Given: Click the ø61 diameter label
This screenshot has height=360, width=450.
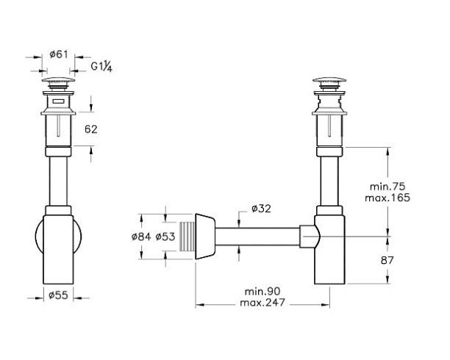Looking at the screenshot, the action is point(59,54).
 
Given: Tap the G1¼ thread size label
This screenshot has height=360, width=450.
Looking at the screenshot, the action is point(101,67).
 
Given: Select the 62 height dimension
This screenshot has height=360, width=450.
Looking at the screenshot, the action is point(91,129).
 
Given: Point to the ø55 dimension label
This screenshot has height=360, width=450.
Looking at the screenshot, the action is point(59,295).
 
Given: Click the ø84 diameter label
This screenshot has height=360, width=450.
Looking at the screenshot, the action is point(141,237).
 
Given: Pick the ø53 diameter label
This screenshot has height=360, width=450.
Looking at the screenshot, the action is point(165,237).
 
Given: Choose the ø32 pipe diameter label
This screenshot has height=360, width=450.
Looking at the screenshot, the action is point(261,209).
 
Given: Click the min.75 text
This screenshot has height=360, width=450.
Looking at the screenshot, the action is point(387,187).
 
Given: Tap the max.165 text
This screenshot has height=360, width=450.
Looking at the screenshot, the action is point(387,198).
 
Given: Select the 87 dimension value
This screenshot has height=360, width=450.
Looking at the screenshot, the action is point(387,261).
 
